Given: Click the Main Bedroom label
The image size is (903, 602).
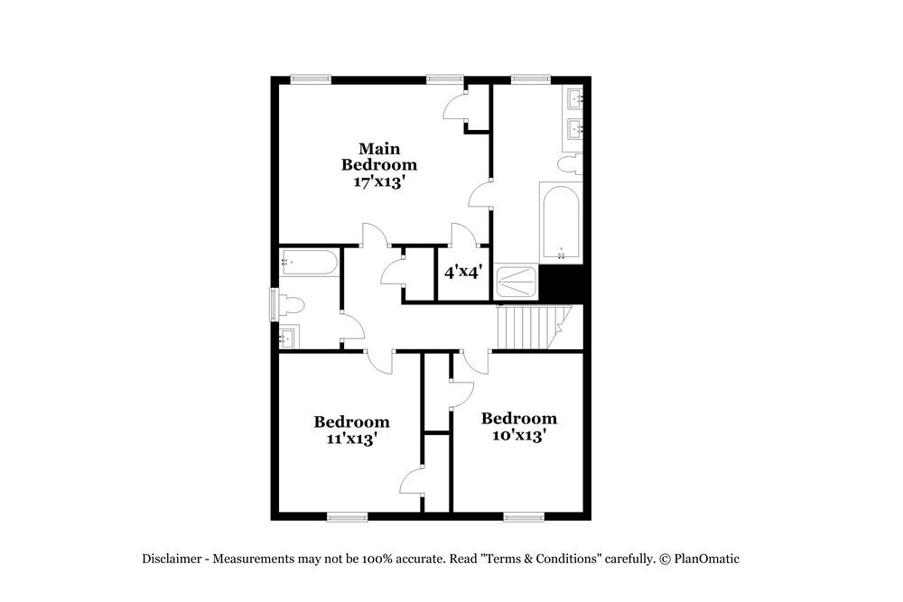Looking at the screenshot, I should [x=378, y=156].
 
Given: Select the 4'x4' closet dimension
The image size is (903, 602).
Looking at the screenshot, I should [x=463, y=271].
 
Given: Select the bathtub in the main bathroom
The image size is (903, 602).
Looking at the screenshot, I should [x=562, y=222].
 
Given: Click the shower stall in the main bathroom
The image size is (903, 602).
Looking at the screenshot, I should [x=516, y=283].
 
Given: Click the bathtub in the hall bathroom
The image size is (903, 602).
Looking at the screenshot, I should [x=309, y=263].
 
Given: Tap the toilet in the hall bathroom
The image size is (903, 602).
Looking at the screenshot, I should [x=293, y=305].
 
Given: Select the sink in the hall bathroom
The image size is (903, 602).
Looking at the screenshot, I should [x=289, y=339].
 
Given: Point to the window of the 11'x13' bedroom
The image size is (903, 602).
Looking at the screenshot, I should [x=347, y=517].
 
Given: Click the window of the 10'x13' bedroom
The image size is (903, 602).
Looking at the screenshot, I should [x=523, y=517].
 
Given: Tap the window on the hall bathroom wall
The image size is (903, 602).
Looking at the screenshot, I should [x=274, y=305].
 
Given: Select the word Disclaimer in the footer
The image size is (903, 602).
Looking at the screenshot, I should [x=172, y=559].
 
